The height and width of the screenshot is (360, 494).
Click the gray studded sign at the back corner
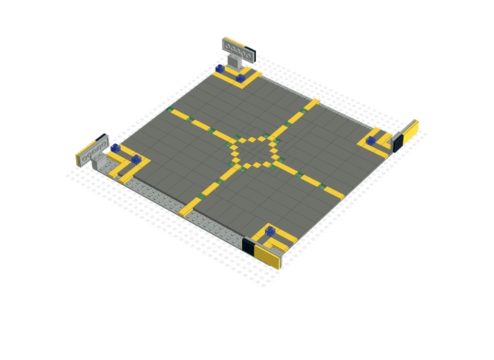click(x=236, y=48)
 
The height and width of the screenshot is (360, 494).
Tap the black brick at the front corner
click(x=248, y=245)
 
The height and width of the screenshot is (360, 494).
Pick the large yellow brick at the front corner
click(x=268, y=256)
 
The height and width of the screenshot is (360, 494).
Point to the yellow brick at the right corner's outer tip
click(x=410, y=131)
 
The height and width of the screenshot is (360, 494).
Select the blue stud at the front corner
click(x=270, y=231)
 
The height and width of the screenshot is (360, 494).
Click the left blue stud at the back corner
click(x=220, y=69)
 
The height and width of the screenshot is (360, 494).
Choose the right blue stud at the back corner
click(x=241, y=78)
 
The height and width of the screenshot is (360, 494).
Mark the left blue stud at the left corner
click(x=116, y=147)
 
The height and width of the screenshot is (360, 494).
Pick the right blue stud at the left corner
click(x=137, y=159)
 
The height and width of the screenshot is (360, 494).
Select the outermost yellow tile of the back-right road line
click(x=312, y=104)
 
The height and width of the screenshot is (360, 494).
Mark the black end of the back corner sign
click(x=251, y=53)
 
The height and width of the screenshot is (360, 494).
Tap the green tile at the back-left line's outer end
click(x=169, y=109)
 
